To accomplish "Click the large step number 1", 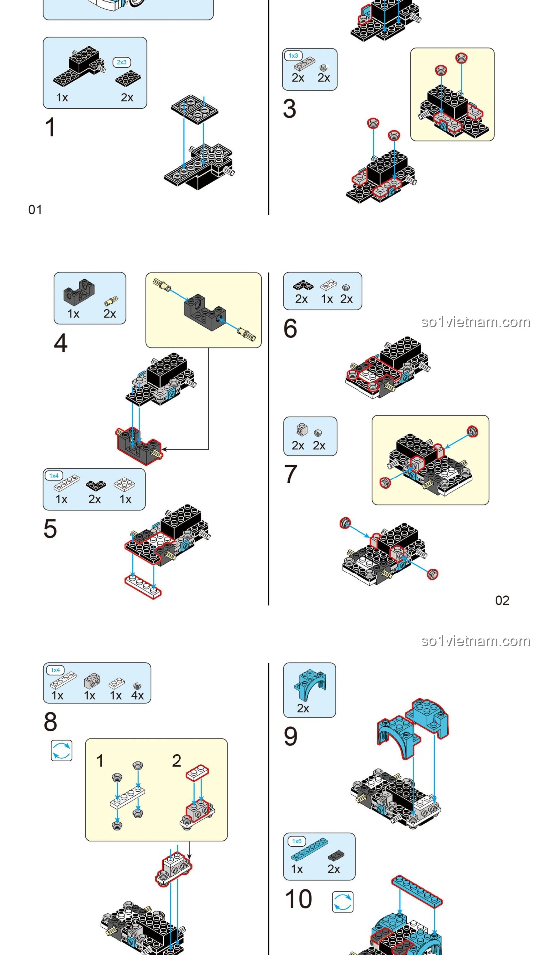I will (50, 127).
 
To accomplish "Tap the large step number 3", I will (289, 109).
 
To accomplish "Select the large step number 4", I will (60, 343).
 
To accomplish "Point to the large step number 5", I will (50, 529).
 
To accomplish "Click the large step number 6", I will (290, 329).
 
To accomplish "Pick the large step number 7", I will (290, 474).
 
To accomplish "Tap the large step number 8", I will (50, 722).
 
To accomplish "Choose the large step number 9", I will (290, 736).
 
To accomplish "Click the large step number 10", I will (298, 899).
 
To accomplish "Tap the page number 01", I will (35, 210).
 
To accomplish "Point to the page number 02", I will (502, 601).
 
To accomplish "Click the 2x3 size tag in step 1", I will (122, 62).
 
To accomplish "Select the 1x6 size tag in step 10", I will (297, 841).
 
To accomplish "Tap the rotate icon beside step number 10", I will (343, 902).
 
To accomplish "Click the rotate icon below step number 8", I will (62, 750).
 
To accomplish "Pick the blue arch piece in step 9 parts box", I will (310, 684).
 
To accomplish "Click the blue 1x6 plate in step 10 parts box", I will (309, 849).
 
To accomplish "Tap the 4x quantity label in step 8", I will (137, 696).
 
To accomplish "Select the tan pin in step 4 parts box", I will (112, 300).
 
